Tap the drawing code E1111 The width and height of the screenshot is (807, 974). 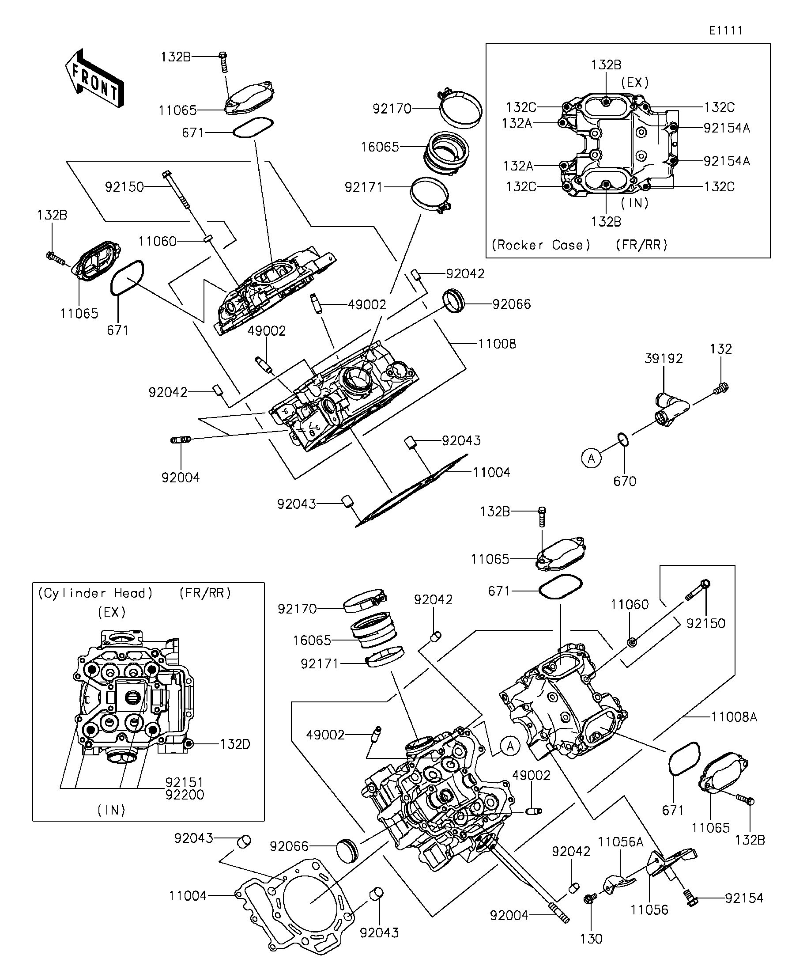click(725, 30)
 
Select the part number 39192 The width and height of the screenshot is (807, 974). click(664, 359)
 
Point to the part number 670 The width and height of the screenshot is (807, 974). click(624, 481)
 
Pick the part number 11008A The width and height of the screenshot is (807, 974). click(734, 717)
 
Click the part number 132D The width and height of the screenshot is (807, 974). click(234, 744)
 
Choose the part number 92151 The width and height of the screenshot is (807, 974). click(185, 782)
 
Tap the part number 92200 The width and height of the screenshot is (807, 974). click(185, 795)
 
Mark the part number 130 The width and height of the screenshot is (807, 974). click(591, 939)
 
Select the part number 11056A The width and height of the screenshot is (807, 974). click(620, 842)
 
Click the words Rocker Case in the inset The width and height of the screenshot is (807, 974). click(541, 245)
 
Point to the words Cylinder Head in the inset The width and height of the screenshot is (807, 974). click(95, 593)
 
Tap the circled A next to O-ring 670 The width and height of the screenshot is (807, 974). click(591, 459)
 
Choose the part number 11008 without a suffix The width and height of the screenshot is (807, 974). click(497, 344)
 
